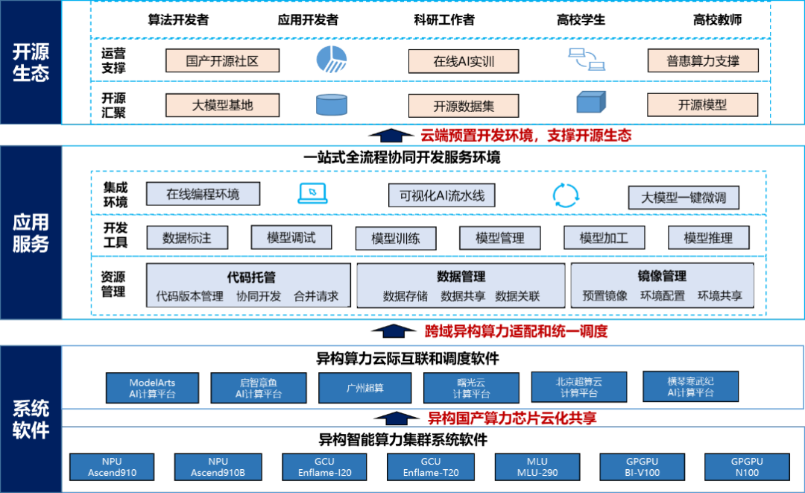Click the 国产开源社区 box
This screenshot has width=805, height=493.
(222, 60)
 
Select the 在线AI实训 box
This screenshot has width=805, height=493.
(464, 61)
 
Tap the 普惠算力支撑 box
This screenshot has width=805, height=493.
(702, 60)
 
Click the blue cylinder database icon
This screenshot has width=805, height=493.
(332, 104)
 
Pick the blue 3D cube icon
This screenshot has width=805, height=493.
(591, 101)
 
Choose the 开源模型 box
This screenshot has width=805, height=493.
(702, 104)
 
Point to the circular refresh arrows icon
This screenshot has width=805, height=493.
(565, 195)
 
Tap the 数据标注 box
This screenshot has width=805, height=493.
(187, 238)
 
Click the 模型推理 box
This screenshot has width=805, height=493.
(708, 238)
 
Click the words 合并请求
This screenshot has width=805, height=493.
(316, 296)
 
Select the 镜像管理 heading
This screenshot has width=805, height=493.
(662, 277)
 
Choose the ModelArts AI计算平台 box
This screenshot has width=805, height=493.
(152, 388)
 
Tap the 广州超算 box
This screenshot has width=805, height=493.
(365, 388)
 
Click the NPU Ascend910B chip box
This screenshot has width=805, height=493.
(218, 468)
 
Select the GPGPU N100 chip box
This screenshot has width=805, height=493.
(747, 468)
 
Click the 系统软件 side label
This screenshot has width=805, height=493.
(31, 419)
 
